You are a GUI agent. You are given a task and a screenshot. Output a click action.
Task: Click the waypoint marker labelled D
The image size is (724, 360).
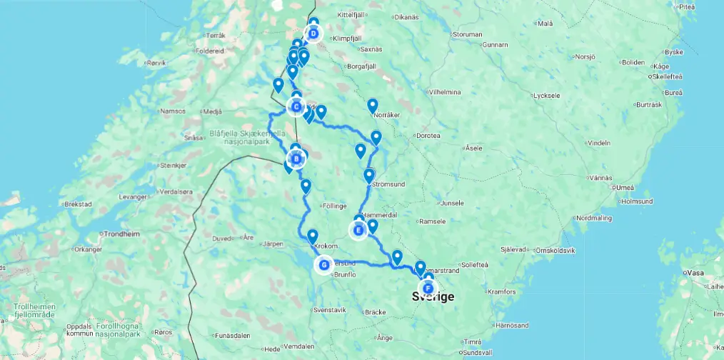[x=313, y=34]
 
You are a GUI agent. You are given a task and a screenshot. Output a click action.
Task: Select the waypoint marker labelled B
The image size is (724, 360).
[x=296, y=159]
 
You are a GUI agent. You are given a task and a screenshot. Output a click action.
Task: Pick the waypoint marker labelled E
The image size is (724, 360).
[x=358, y=230]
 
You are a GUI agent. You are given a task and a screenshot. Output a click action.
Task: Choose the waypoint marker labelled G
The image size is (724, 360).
[x=324, y=265]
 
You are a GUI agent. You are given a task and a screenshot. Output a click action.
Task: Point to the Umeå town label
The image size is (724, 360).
[x=625, y=187]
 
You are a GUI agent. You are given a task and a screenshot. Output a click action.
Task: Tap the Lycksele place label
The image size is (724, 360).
[x=546, y=95]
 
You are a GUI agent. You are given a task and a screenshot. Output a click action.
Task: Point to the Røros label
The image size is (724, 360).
[x=164, y=332]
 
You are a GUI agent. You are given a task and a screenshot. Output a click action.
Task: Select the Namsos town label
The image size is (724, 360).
[x=174, y=111]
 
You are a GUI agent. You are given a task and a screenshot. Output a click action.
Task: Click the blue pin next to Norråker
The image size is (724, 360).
[x=372, y=106]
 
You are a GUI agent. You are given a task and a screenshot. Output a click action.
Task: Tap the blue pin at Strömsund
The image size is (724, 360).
[x=369, y=175]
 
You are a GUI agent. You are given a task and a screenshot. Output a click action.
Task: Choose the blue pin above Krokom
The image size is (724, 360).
[x=312, y=236]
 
